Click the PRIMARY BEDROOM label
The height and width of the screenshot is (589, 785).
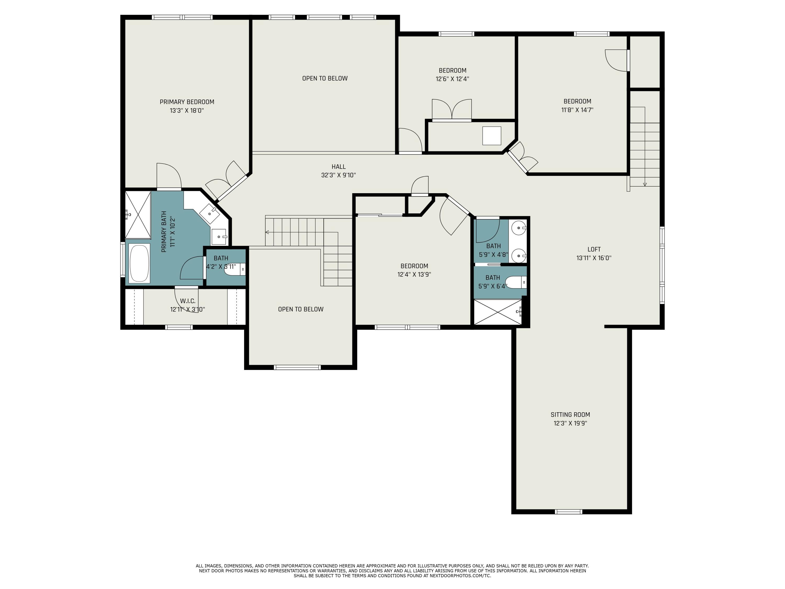187,102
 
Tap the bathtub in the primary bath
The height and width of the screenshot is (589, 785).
139,263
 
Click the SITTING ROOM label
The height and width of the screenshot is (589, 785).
570,414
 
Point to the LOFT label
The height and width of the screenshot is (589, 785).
594,249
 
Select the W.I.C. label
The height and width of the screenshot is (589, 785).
187,301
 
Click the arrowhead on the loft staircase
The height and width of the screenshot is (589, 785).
644,184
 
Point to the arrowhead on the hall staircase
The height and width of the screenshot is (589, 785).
267,232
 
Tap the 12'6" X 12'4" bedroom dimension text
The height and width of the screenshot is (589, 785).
452,79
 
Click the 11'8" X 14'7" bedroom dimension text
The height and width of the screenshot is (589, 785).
577,110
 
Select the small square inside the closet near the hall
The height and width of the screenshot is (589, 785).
491,136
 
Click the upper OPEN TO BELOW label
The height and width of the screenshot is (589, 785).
325,79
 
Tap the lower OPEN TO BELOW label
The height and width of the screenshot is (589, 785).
301,309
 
